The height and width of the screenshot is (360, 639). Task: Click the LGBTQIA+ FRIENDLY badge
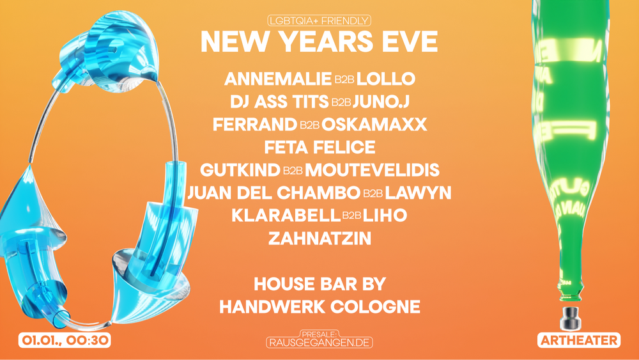[319, 21]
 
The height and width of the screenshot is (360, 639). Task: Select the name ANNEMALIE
[277, 79]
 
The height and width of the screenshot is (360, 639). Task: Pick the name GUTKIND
[240, 170]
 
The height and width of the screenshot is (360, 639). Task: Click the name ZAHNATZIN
[319, 239]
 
